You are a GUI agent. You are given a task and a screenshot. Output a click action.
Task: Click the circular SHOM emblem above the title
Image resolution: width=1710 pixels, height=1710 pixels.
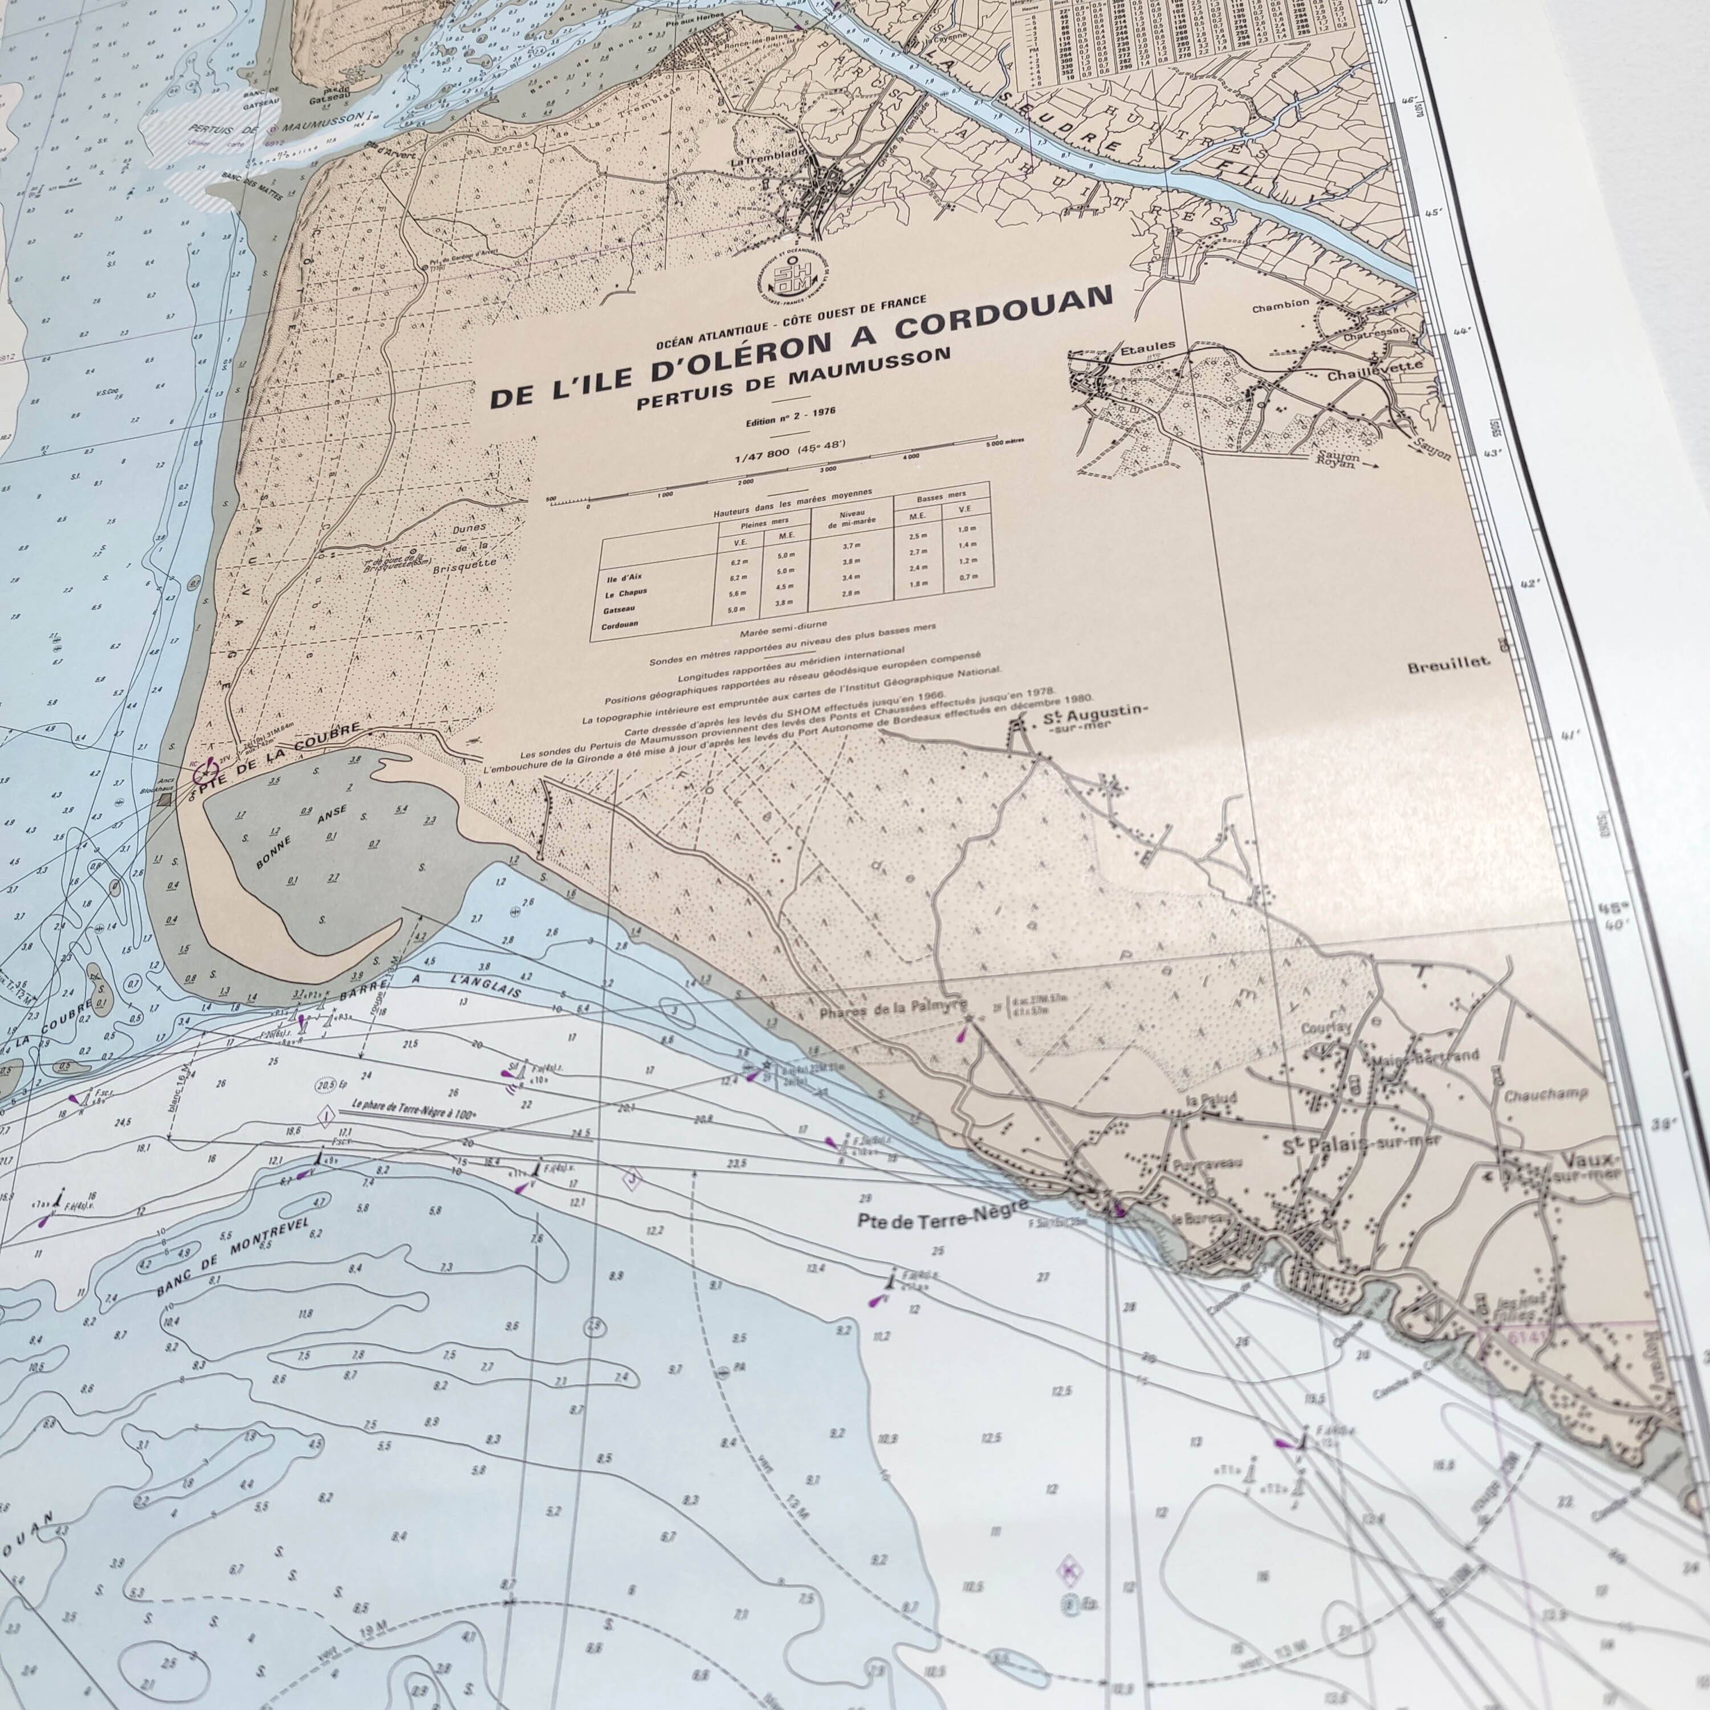click(781, 277)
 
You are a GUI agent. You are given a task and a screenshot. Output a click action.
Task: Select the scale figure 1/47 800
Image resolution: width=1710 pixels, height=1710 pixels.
click(763, 458)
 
